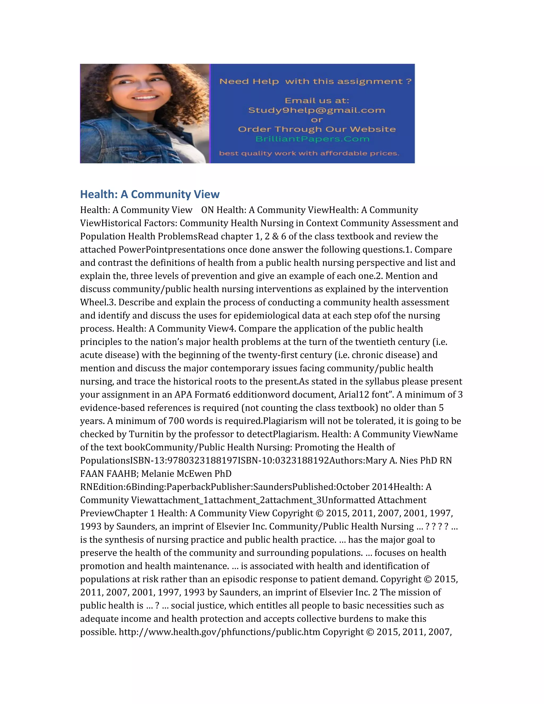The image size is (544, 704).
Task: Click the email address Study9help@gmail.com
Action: pos(316,110)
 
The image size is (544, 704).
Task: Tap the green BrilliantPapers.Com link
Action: pos(312,139)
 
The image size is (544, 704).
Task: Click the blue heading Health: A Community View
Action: pos(150,194)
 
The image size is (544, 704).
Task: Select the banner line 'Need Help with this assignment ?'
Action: pos(315,81)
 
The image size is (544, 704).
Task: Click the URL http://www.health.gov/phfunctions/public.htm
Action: pos(219,632)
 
